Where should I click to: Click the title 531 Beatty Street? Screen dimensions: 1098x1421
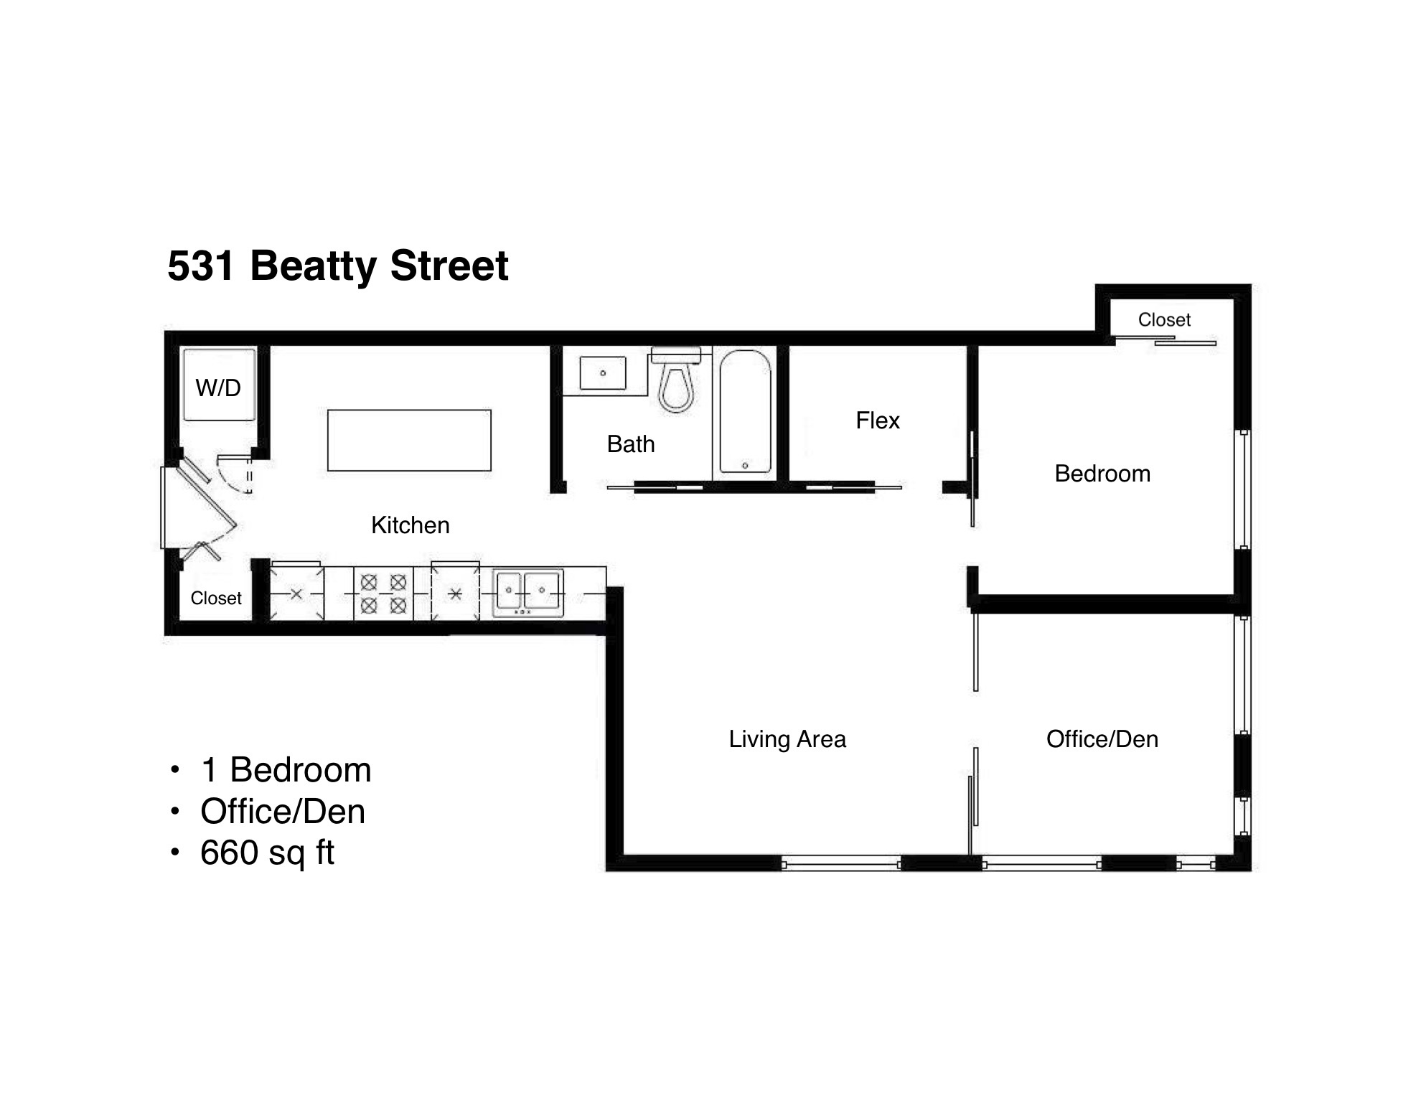(337, 266)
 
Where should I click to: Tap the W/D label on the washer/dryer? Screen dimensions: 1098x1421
(218, 388)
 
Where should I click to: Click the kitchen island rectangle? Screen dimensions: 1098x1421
(409, 440)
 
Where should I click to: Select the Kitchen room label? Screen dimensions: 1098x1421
(410, 525)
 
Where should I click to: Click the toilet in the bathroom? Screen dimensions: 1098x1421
(676, 384)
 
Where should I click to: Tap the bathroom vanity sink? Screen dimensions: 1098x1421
(602, 373)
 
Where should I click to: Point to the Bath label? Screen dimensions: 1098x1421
(630, 444)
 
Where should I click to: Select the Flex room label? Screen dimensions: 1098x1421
(877, 421)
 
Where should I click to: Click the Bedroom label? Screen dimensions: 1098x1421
(1102, 474)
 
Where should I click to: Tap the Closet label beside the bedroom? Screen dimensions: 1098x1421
(1163, 320)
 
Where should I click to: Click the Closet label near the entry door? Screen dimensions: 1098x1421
(215, 599)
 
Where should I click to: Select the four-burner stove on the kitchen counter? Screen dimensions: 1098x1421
(383, 593)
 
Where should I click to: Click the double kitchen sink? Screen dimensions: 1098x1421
(527, 592)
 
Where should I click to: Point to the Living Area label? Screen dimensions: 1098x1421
(787, 739)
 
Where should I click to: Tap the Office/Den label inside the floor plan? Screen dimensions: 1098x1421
(1102, 739)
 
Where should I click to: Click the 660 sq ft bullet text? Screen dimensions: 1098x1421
(267, 853)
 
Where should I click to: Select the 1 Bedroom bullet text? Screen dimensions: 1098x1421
(286, 770)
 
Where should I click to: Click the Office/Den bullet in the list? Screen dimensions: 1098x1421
(283, 812)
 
